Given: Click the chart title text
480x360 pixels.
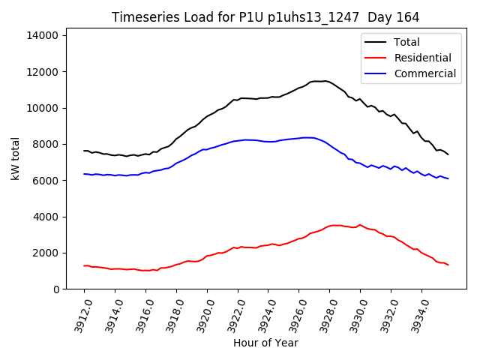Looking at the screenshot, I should (x=265, y=17).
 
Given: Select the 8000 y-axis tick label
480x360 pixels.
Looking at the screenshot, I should (x=46, y=144).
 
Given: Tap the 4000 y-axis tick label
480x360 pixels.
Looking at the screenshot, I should (x=46, y=217).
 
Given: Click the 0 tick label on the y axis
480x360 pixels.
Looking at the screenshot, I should (x=55, y=289).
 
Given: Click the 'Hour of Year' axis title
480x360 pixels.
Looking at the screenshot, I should (x=265, y=343).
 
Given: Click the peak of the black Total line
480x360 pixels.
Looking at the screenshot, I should (x=325, y=80).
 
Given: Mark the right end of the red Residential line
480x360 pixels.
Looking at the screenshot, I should (x=448, y=265).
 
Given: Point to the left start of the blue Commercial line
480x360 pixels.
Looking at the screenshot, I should (x=84, y=174).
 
